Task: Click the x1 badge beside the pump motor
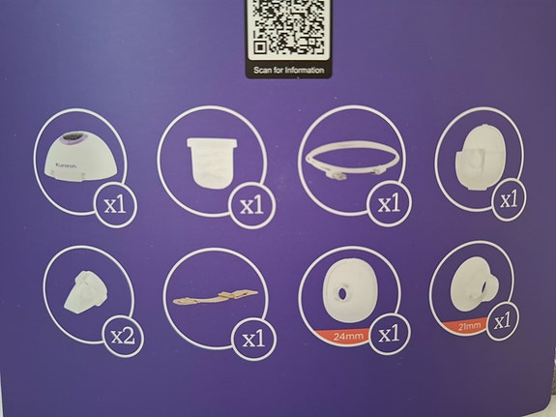(x=117, y=203)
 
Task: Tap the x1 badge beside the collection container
(x=251, y=204)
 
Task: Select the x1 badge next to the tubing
(x=389, y=203)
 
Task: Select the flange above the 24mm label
(x=343, y=296)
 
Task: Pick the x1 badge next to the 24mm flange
(x=390, y=336)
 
